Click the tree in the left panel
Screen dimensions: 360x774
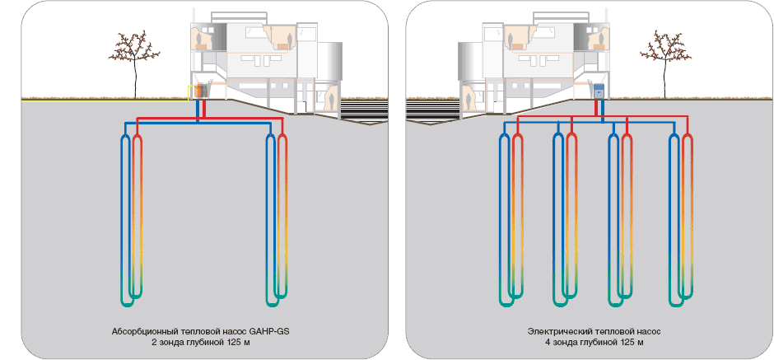click(133, 63)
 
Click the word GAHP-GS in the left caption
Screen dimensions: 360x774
click(273, 330)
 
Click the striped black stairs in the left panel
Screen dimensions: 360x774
click(362, 108)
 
